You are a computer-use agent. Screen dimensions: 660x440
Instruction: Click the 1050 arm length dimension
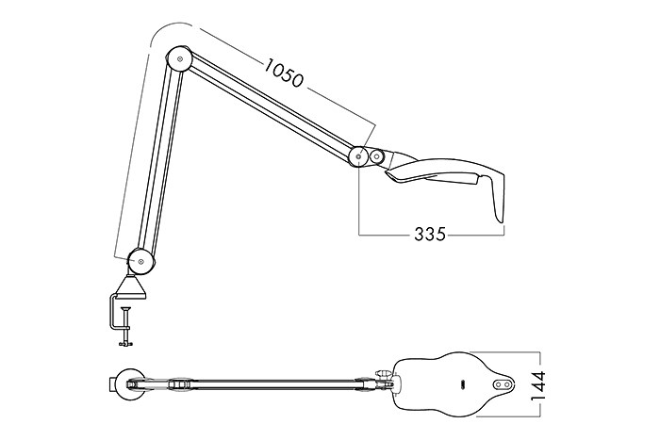[283, 73]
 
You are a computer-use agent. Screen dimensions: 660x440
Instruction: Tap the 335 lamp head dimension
[429, 234]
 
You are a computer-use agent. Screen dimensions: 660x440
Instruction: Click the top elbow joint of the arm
[180, 59]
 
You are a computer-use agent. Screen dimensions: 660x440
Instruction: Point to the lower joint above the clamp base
[141, 262]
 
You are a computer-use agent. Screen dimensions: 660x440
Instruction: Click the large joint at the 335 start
[358, 156]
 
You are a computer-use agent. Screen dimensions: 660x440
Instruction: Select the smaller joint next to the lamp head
[376, 157]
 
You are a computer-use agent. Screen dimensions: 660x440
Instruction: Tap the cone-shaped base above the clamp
[131, 287]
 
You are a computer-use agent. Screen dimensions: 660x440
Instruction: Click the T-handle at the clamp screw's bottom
[125, 344]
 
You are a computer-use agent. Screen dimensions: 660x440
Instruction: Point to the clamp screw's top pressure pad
[125, 310]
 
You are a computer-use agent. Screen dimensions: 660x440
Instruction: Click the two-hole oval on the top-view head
[503, 383]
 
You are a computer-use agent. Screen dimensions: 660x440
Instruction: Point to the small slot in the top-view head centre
[461, 383]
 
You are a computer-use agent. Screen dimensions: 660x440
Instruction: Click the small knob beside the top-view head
[383, 373]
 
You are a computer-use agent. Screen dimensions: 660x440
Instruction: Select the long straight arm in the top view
[270, 384]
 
